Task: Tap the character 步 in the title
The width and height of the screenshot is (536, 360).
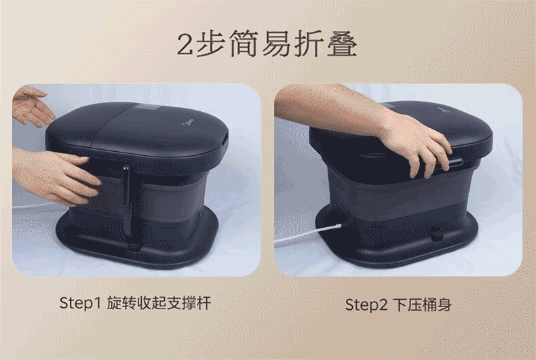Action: click(x=210, y=43)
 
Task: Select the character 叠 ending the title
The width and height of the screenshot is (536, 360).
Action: click(x=342, y=43)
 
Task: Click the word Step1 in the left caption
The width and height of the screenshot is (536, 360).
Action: click(x=80, y=303)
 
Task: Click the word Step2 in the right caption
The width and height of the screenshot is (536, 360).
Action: click(x=366, y=304)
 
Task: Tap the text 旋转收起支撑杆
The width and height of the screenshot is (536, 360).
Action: click(x=159, y=303)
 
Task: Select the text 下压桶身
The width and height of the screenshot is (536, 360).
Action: click(x=422, y=304)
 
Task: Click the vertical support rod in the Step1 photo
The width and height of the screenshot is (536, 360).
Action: click(x=126, y=201)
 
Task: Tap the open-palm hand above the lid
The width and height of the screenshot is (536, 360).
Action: click(x=33, y=106)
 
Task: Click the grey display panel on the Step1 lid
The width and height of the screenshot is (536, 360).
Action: click(x=148, y=108)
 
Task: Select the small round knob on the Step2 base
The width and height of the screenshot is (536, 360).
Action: click(x=437, y=235)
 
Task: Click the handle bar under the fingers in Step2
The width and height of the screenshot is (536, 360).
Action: click(x=455, y=163)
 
